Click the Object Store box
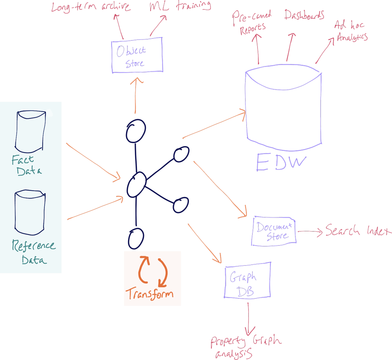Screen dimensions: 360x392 coord(136,55)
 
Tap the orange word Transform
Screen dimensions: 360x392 coord(149,294)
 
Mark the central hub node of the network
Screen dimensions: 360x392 coord(136,183)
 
